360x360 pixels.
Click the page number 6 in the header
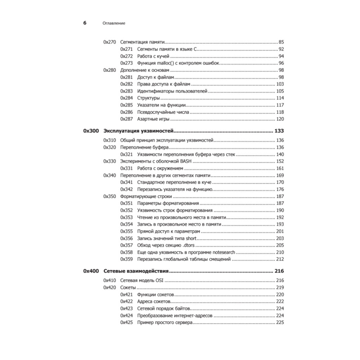(x=85, y=23)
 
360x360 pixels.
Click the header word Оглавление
(x=114, y=23)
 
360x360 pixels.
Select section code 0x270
(x=109, y=42)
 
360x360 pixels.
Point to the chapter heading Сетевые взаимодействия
(x=136, y=271)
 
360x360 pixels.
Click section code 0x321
(x=126, y=154)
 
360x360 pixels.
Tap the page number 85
(x=282, y=42)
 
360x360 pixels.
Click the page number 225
(x=280, y=323)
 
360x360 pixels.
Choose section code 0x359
(x=126, y=259)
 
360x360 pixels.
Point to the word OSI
(x=159, y=280)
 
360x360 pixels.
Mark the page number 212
(x=280, y=259)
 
